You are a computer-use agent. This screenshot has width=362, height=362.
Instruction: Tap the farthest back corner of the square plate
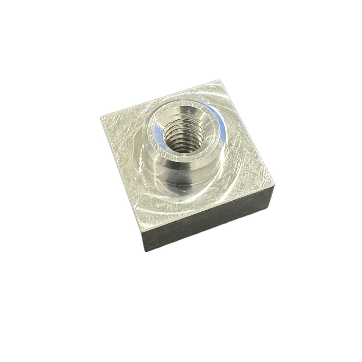(219, 80)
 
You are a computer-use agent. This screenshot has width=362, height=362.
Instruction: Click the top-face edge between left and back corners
(159, 98)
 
